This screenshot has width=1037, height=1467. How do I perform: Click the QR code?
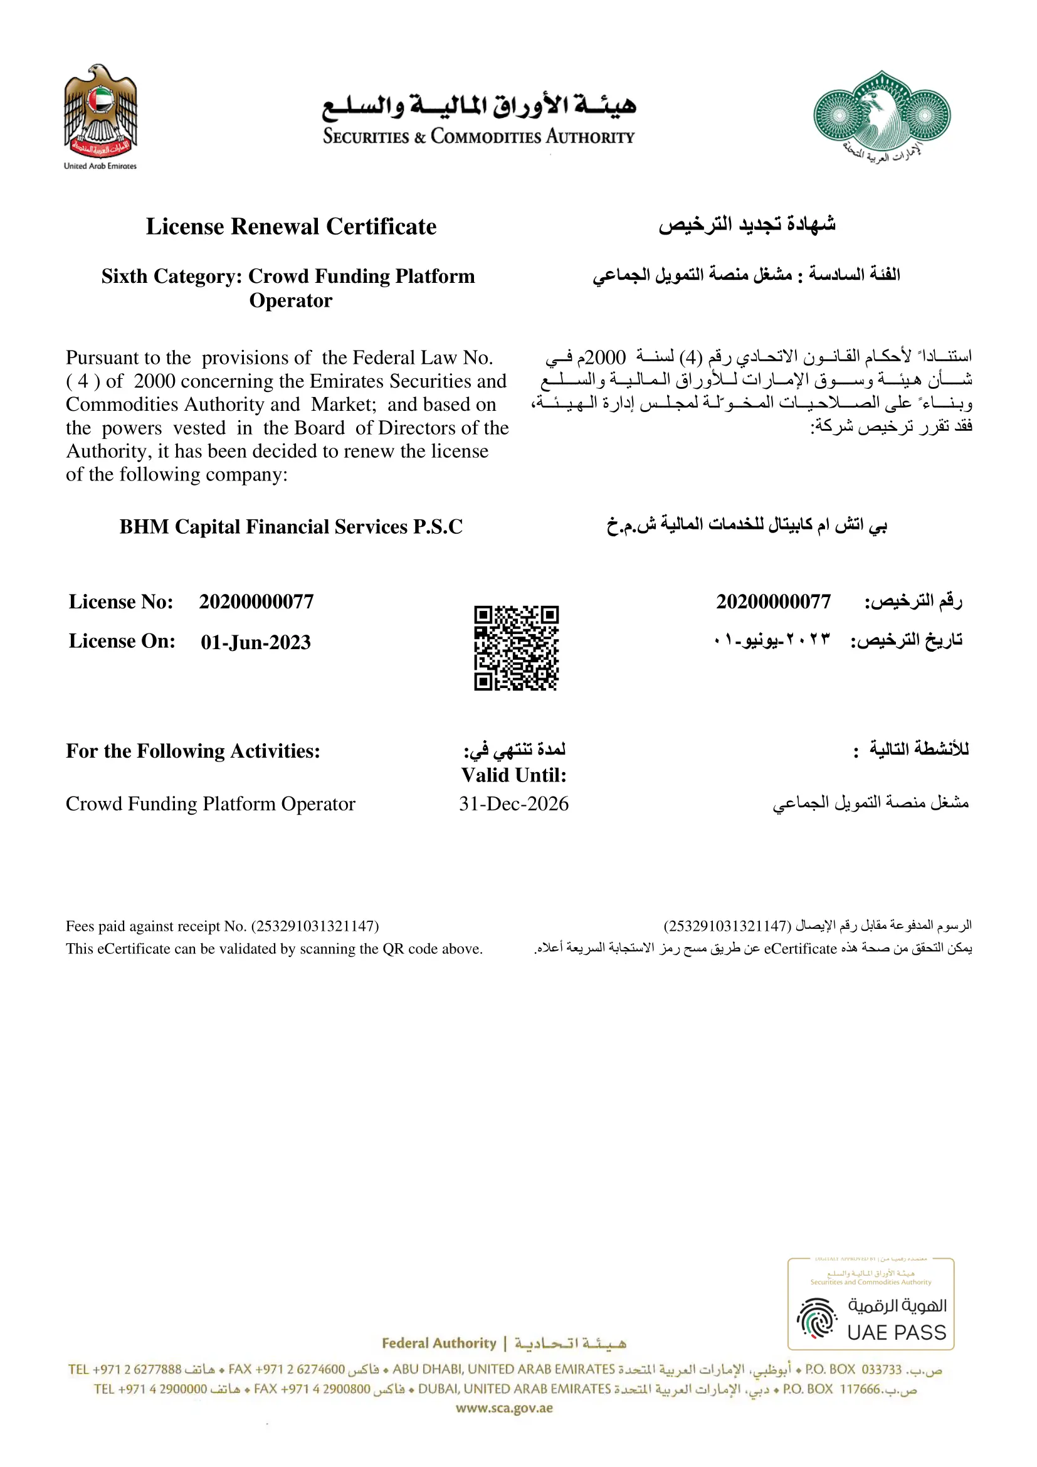pyautogui.click(x=516, y=648)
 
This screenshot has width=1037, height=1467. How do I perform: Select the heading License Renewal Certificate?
pyautogui.click(x=291, y=227)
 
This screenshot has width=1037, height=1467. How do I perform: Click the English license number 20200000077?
pyautogui.click(x=256, y=602)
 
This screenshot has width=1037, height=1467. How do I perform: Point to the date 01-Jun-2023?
pyautogui.click(x=255, y=642)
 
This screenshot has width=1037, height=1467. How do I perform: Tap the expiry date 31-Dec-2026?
pyautogui.click(x=513, y=804)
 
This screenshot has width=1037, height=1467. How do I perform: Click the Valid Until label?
pyautogui.click(x=513, y=775)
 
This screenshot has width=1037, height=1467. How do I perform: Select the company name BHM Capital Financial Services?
pyautogui.click(x=291, y=526)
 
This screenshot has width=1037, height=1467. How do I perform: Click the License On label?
pyautogui.click(x=122, y=641)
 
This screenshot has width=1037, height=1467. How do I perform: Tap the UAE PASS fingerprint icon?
pyautogui.click(x=817, y=1318)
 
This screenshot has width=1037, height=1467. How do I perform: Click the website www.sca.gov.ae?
pyautogui.click(x=504, y=1408)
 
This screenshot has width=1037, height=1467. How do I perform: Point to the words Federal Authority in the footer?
pyautogui.click(x=439, y=1343)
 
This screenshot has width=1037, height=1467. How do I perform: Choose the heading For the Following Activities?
pyautogui.click(x=193, y=751)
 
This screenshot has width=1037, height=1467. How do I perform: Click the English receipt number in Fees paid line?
pyautogui.click(x=315, y=926)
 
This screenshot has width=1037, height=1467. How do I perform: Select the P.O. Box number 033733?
pyautogui.click(x=881, y=1369)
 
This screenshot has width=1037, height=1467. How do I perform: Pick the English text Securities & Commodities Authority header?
pyautogui.click(x=478, y=137)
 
